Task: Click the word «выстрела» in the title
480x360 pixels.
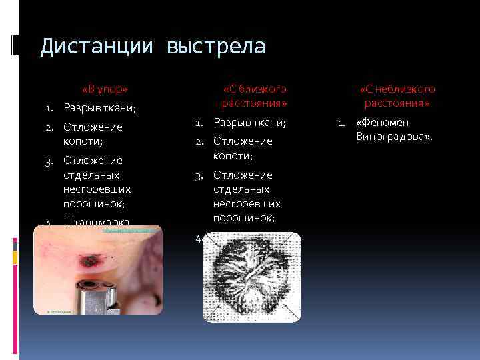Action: tap(216, 47)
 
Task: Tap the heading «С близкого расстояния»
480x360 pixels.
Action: tap(254, 96)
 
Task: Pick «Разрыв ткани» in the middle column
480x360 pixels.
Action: tap(249, 123)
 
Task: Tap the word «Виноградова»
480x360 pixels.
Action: tap(394, 137)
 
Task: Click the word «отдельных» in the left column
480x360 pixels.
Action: tap(91, 175)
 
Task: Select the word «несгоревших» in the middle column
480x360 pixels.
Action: tap(247, 203)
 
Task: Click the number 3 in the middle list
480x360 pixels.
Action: tap(198, 175)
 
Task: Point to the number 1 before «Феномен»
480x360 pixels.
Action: tap(341, 123)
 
